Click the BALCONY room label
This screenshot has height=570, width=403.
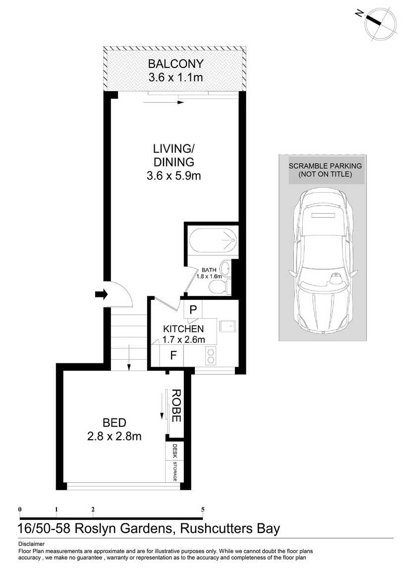[x=175, y=64]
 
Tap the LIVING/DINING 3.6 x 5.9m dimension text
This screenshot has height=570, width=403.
[x=173, y=176]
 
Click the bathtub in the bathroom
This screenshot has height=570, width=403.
[x=213, y=240]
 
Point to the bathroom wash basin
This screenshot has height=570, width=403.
[x=225, y=268]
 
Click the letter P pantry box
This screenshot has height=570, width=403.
[x=193, y=310]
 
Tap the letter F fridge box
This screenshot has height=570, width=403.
[x=173, y=355]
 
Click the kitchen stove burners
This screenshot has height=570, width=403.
[x=210, y=355]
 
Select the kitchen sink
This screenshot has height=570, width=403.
[x=228, y=326]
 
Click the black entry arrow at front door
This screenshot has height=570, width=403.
[x=102, y=294]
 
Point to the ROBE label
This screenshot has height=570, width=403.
[x=176, y=405]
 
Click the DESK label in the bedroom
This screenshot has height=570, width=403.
[x=175, y=451]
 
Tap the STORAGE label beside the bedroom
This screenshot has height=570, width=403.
[x=175, y=471]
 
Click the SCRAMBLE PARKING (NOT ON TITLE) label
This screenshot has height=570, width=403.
[x=325, y=170]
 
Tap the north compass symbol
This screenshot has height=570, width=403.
[x=378, y=21]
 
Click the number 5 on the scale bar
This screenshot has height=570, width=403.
[x=203, y=510]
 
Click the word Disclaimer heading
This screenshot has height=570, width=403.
[x=31, y=544]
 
